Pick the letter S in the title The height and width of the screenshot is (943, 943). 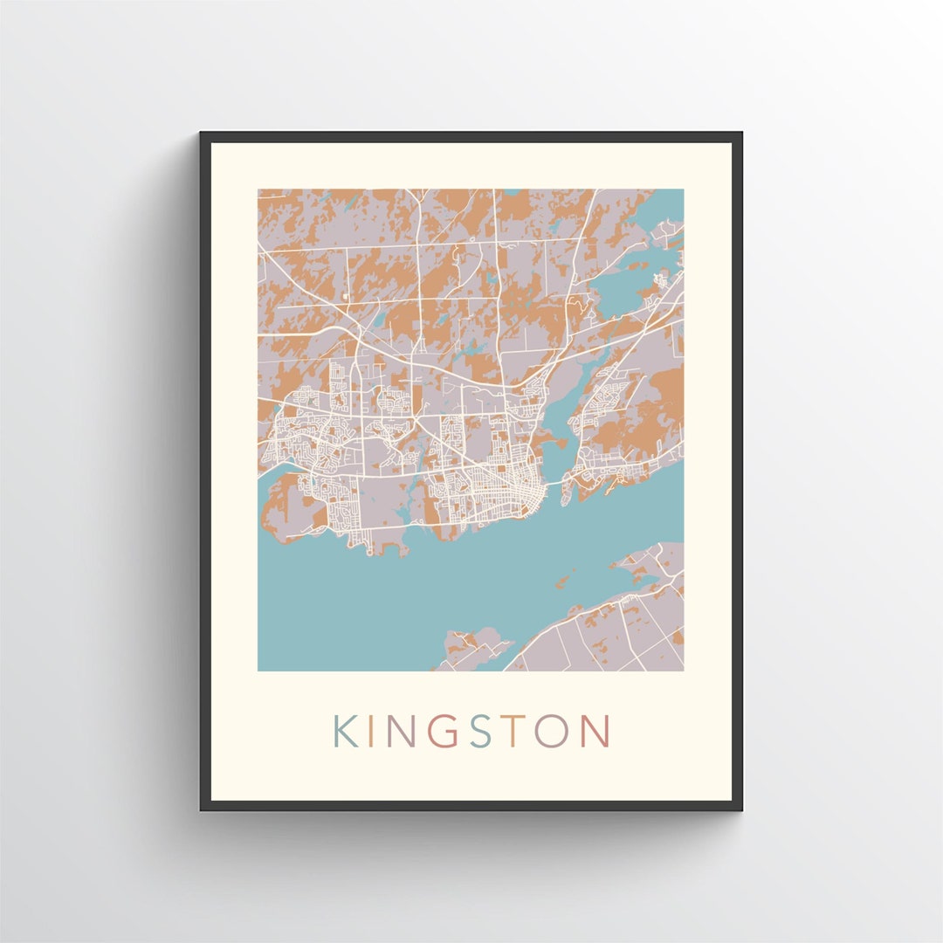(x=479, y=732)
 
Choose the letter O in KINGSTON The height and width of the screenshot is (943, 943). (x=552, y=732)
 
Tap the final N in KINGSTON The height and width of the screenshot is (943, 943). (x=595, y=732)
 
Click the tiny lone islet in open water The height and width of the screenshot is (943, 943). (x=566, y=579)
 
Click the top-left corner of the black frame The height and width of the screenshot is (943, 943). (x=202, y=134)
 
